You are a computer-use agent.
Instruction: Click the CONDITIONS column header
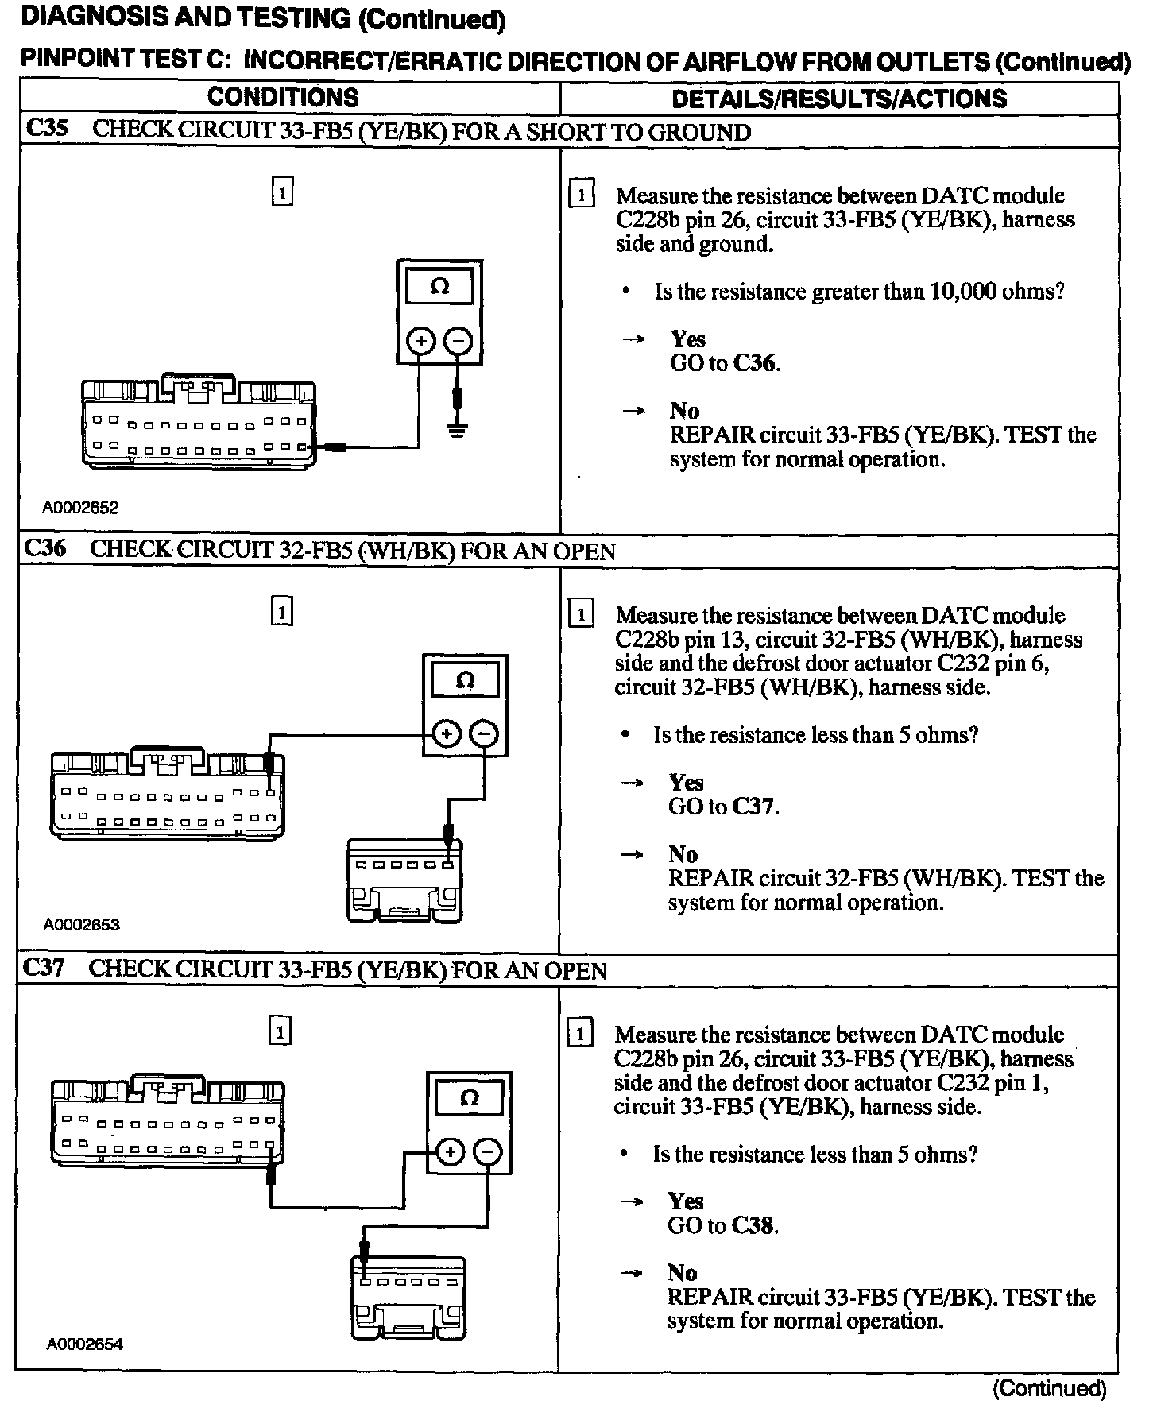click(283, 98)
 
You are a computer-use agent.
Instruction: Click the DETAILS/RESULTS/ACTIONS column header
click(839, 99)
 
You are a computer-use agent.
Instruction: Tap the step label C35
click(47, 130)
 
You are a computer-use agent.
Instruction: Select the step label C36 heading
click(45, 549)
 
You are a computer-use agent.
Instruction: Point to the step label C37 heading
click(44, 968)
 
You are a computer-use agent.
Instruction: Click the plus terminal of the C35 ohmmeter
click(420, 342)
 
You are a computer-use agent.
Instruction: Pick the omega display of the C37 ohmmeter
click(469, 1098)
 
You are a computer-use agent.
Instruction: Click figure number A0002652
click(80, 508)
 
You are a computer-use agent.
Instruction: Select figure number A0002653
click(81, 924)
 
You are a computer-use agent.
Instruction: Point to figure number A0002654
click(84, 1344)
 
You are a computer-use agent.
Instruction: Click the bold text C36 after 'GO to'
click(755, 364)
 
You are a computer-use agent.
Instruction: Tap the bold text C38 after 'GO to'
click(753, 1225)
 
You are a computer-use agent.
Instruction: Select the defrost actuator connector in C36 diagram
click(404, 880)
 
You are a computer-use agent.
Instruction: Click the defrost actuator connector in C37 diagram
click(408, 1297)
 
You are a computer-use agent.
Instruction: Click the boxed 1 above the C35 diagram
click(282, 192)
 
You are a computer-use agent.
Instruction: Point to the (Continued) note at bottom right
click(1049, 1388)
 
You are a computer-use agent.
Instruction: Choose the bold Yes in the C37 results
click(686, 1201)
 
